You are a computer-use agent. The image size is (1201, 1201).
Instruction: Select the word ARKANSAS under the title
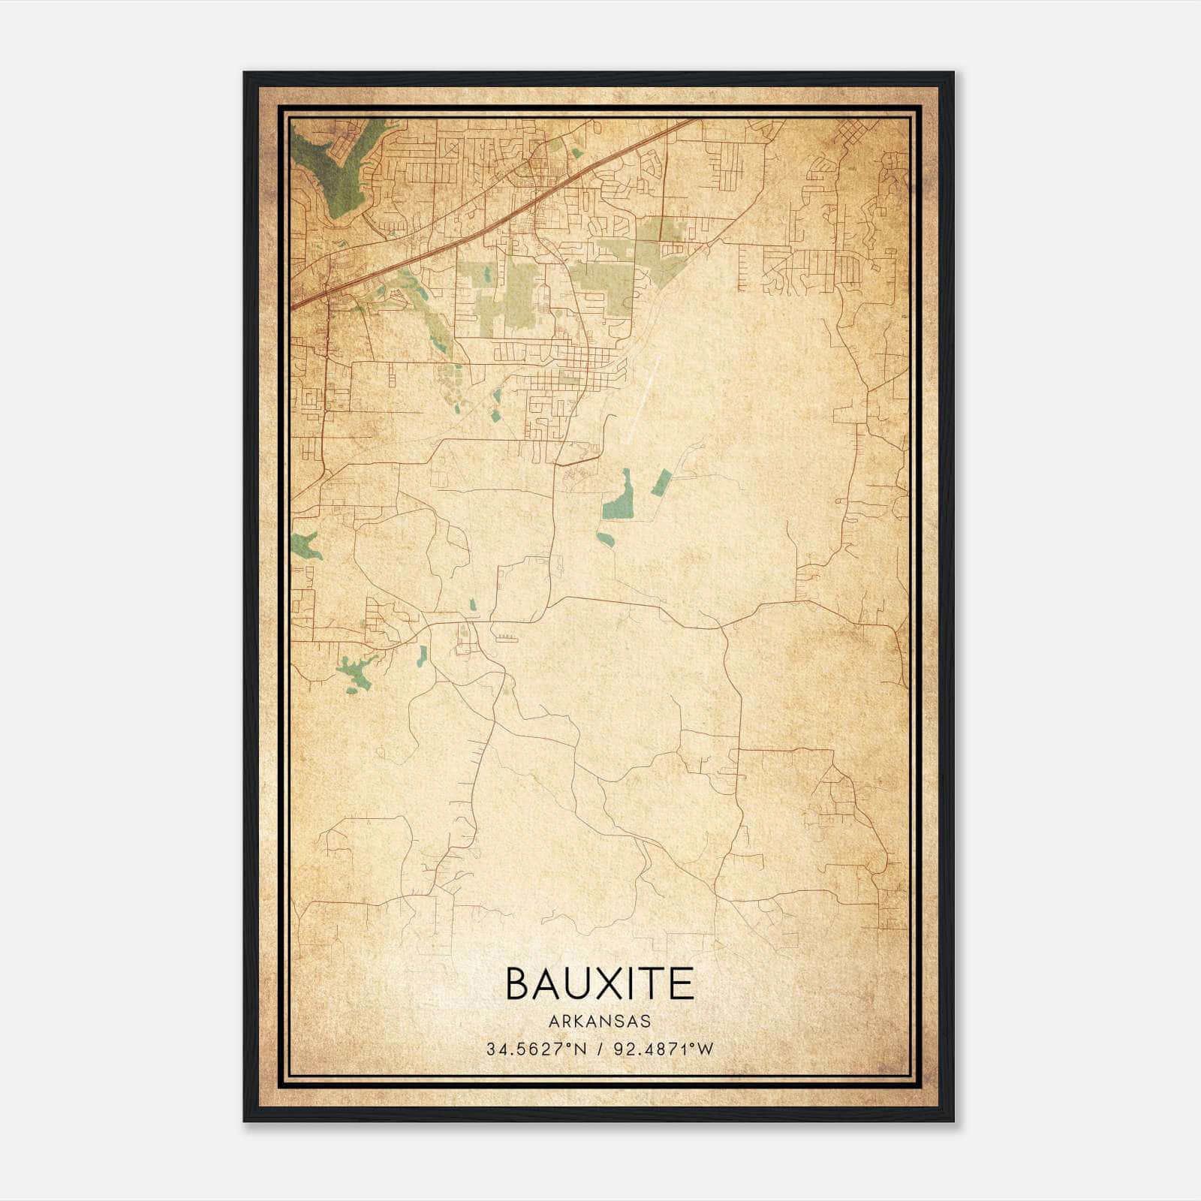point(600,1022)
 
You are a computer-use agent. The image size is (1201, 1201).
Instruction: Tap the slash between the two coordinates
point(600,1049)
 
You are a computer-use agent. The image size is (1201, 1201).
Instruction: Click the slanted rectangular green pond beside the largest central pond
point(661,482)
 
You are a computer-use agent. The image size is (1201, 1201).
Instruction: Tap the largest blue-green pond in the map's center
point(619,500)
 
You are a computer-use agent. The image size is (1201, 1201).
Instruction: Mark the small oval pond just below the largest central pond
point(605,538)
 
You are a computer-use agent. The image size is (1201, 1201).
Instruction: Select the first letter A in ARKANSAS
point(552,1022)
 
